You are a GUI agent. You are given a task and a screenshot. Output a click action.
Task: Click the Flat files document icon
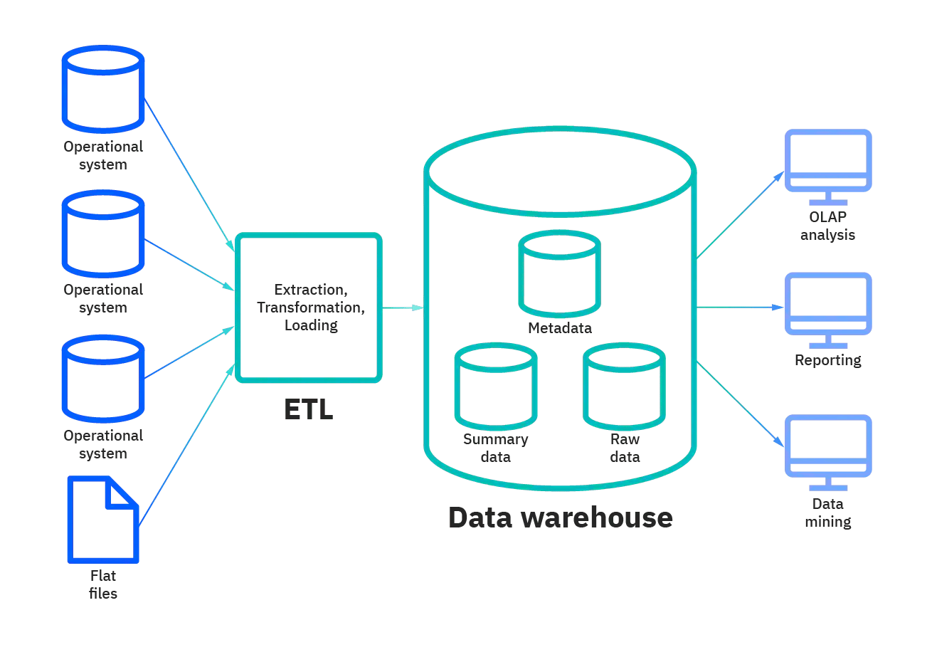coord(103,519)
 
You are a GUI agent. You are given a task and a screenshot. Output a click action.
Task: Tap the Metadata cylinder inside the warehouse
coord(559,274)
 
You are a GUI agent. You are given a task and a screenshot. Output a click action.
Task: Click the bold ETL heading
coord(309,409)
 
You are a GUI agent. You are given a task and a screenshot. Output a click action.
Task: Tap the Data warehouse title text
coord(560,517)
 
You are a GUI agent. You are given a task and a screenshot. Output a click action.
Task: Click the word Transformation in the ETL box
coord(311,308)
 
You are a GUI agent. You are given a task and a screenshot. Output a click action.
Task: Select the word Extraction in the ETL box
coord(311,290)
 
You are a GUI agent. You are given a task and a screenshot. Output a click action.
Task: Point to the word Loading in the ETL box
coord(311,325)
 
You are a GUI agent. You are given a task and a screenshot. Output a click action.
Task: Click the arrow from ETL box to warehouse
coord(403,308)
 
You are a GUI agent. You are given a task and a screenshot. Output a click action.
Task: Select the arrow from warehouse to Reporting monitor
coord(740,308)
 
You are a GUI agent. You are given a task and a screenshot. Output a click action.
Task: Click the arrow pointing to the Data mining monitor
coord(740,404)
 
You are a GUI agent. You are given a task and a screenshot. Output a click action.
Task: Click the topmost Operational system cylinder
coord(103,89)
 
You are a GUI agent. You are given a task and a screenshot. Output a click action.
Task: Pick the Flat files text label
coord(103,584)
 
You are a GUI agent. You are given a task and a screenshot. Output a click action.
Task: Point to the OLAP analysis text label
coord(828,226)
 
